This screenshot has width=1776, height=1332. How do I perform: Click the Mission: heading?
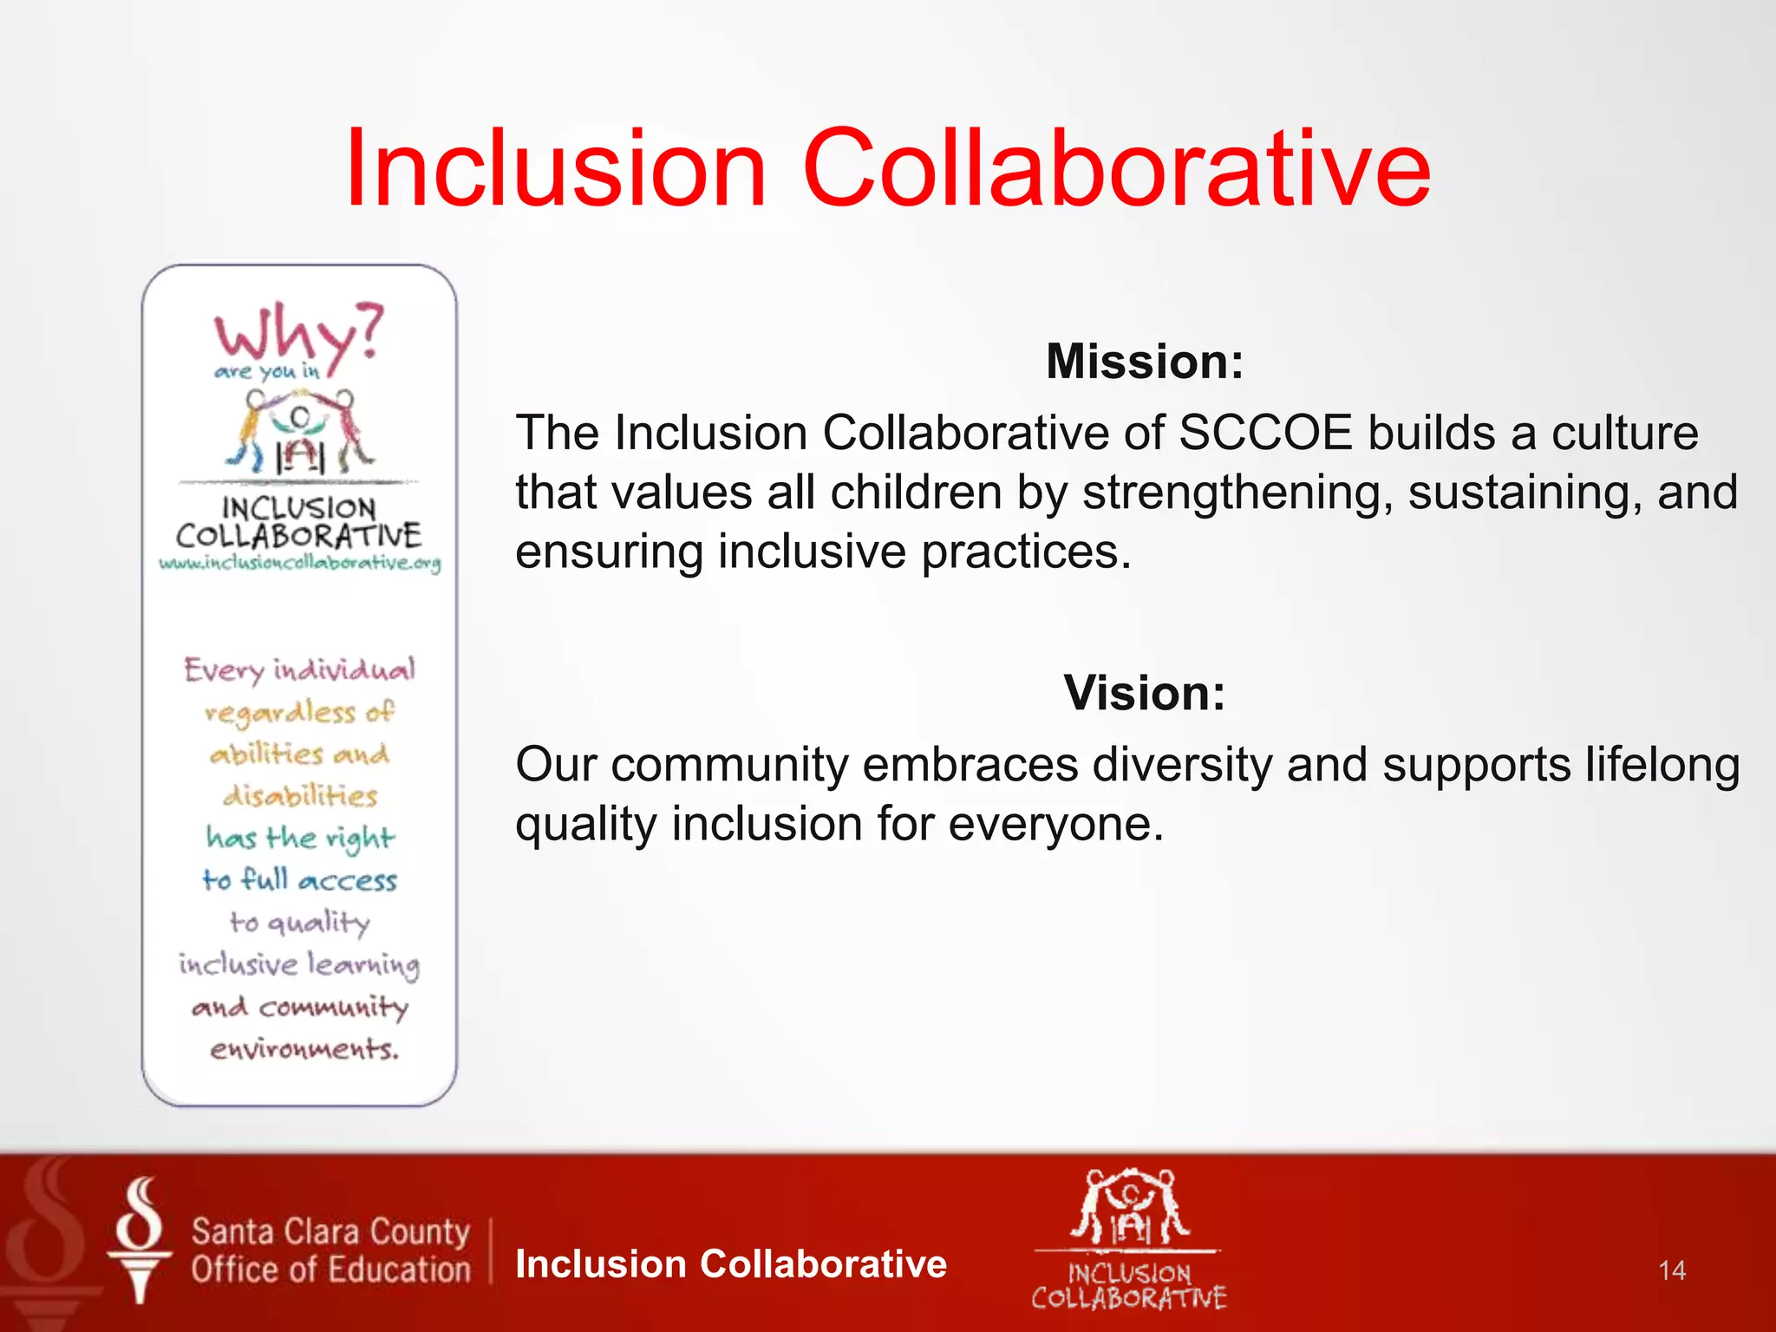click(1144, 361)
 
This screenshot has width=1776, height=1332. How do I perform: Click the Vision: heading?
click(1144, 693)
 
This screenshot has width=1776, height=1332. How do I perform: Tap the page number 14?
click(1671, 1270)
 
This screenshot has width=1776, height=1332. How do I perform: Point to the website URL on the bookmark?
click(299, 563)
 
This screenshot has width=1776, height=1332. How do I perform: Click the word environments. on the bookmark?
click(304, 1049)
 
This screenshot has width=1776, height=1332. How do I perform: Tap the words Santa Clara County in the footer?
click(330, 1231)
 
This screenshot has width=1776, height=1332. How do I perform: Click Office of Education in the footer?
click(330, 1270)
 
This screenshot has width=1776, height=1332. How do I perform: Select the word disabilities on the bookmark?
click(300, 795)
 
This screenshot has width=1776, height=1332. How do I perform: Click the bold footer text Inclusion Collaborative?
click(730, 1263)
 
